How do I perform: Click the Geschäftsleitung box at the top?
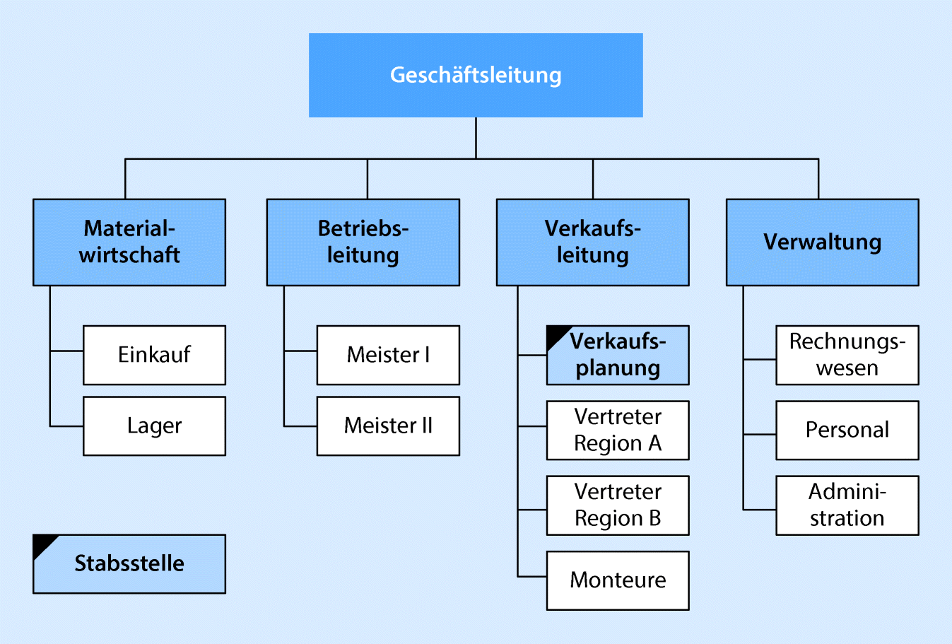[x=476, y=75]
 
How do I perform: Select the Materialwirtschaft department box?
[x=129, y=242]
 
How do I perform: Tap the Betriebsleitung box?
[x=363, y=242]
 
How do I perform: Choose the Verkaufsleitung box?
[x=592, y=242]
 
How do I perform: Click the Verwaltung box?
[x=822, y=242]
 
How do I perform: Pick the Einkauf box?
[x=154, y=355]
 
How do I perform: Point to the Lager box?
[x=154, y=426]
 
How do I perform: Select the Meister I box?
[x=388, y=355]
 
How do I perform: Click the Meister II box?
[x=388, y=426]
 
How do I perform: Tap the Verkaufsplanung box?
[x=618, y=355]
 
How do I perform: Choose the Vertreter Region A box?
[x=618, y=430]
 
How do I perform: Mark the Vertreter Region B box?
[x=618, y=505]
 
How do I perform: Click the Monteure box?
[x=618, y=580]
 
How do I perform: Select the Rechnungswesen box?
[x=847, y=355]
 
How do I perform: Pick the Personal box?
[x=847, y=430]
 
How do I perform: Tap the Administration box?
[x=847, y=505]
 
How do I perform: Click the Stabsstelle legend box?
[x=129, y=563]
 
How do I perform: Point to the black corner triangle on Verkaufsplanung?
[x=556, y=334]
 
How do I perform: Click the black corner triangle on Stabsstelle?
[x=42, y=544]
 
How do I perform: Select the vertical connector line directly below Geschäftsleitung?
[x=476, y=137]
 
